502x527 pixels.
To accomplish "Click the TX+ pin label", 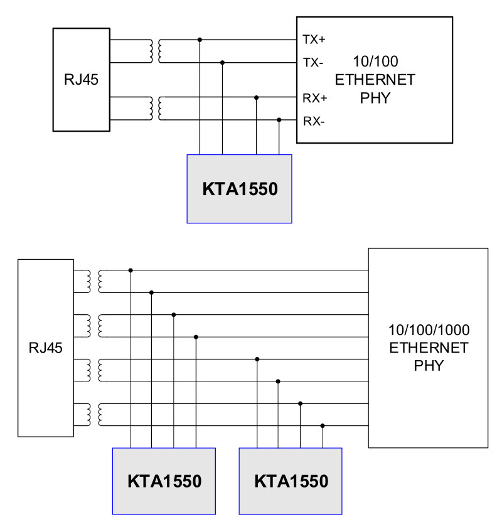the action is (314, 40).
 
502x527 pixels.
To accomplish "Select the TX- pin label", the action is (313, 63).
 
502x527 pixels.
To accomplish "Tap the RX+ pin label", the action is (315, 98).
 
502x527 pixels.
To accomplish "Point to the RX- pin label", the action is (314, 121).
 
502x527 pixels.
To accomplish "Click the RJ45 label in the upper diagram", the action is (81, 80).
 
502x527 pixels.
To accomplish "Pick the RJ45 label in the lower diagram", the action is (45, 348).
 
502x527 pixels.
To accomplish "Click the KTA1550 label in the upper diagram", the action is (240, 189).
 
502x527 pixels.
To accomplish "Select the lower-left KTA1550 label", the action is (164, 481).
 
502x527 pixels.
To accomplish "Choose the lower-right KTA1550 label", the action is (291, 481).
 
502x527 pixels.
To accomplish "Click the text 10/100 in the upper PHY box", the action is (375, 61).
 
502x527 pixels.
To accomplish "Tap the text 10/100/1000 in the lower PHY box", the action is (429, 330).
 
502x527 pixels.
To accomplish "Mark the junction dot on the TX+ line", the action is (200, 40).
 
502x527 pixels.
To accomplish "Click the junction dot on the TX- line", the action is (222, 63).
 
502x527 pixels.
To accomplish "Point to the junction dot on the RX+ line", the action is (256, 97).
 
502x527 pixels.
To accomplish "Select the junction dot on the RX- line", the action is (279, 120).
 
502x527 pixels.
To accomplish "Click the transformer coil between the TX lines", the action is (156, 51).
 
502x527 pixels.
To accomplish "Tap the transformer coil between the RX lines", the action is (156, 108).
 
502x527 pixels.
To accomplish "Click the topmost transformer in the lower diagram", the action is (95, 281).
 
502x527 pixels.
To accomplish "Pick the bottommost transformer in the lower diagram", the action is (95, 415).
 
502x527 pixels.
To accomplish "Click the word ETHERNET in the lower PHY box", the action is (429, 348).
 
